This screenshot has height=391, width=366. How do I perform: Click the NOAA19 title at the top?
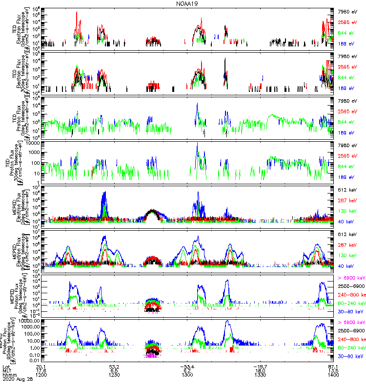pos(187,3)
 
